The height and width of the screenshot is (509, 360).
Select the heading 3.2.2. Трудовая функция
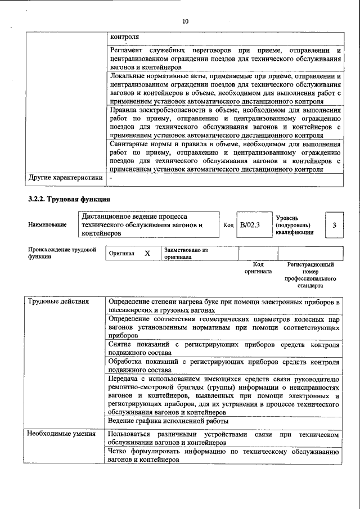click(x=69, y=199)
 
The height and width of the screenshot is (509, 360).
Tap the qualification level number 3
click(x=334, y=225)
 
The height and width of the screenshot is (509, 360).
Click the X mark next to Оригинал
click(x=147, y=254)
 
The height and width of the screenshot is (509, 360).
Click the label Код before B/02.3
click(x=228, y=225)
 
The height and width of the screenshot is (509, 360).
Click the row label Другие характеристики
click(x=65, y=178)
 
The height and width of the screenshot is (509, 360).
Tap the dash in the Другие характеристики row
click(x=111, y=178)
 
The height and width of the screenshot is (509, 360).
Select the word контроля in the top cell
click(x=125, y=37)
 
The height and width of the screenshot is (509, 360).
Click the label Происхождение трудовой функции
click(x=62, y=253)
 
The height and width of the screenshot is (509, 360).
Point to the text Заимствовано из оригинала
click(x=186, y=254)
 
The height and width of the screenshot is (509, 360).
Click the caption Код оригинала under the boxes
click(x=258, y=268)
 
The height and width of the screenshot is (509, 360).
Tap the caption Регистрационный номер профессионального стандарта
click(x=310, y=274)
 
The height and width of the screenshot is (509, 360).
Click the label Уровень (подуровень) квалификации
click(x=295, y=225)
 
